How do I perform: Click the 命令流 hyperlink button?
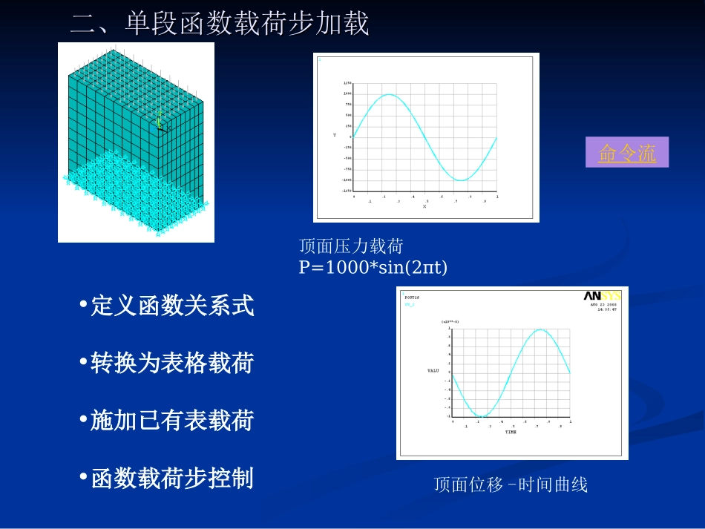click(627, 153)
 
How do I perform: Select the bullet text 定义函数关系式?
click(172, 306)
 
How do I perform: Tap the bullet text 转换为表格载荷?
click(172, 364)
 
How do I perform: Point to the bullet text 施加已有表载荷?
click(172, 421)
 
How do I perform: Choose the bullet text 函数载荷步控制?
click(172, 479)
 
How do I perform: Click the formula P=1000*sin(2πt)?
click(373, 267)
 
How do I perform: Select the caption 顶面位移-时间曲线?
click(511, 485)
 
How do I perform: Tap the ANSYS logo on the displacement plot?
click(602, 296)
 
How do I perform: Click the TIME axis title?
click(511, 431)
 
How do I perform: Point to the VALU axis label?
click(433, 369)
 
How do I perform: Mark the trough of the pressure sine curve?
click(461, 180)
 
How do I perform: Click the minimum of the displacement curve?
click(482, 416)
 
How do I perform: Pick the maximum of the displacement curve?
click(541, 329)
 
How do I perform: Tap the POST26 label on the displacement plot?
click(413, 297)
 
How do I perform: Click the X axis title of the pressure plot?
click(424, 206)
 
